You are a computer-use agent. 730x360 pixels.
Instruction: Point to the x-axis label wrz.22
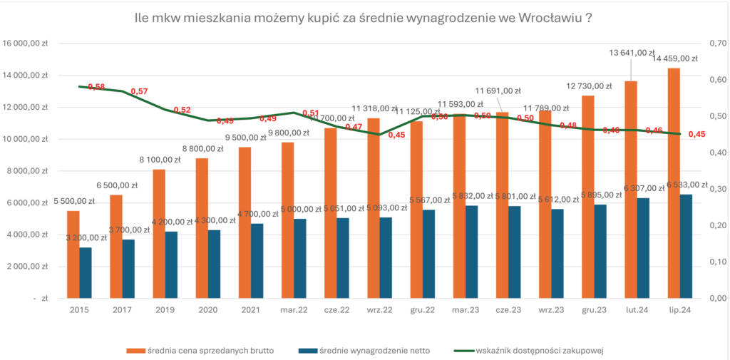coord(380,311)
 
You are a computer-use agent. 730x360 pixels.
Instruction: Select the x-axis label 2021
coord(251,311)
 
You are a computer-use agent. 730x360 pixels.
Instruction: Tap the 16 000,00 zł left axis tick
coord(27,43)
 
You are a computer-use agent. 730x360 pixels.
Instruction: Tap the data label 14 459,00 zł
coord(679,58)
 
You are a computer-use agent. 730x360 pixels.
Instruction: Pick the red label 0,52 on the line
coord(182,110)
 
